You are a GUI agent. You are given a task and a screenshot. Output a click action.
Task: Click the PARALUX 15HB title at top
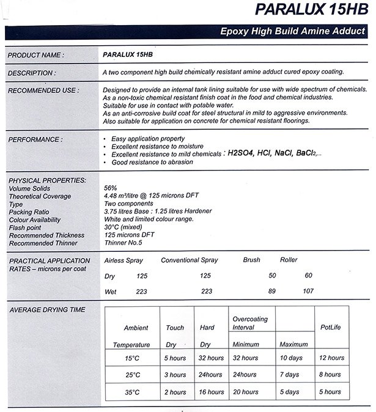point(304,10)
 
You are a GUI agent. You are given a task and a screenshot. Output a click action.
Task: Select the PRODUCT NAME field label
point(35,55)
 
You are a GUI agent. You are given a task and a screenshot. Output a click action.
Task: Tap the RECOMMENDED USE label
point(43,90)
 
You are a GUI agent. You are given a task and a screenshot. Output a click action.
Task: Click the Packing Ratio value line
point(158,211)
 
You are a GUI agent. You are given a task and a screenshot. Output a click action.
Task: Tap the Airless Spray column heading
point(124,260)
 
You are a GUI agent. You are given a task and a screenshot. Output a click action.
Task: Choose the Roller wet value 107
point(309,292)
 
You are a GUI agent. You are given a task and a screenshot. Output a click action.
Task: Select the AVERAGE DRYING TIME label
point(47,310)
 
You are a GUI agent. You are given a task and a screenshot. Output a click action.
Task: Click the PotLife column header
point(330,328)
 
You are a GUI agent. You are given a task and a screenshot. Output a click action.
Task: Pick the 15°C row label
point(133,358)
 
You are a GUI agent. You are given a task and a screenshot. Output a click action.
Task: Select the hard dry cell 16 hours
point(212,392)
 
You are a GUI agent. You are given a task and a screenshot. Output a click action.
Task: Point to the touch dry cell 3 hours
point(175,375)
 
